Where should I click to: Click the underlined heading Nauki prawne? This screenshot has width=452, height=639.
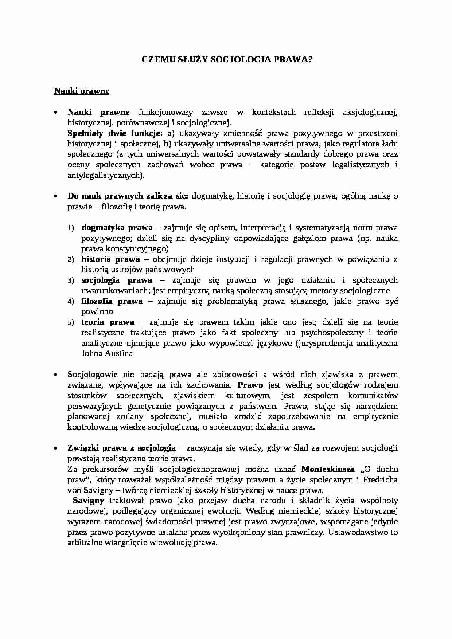click(x=82, y=91)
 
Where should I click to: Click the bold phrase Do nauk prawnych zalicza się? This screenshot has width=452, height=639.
click(x=128, y=196)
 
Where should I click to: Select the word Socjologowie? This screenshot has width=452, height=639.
click(x=93, y=375)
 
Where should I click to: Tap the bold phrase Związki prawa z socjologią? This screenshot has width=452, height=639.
click(x=122, y=448)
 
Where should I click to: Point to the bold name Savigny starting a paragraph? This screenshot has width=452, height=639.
click(x=89, y=501)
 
